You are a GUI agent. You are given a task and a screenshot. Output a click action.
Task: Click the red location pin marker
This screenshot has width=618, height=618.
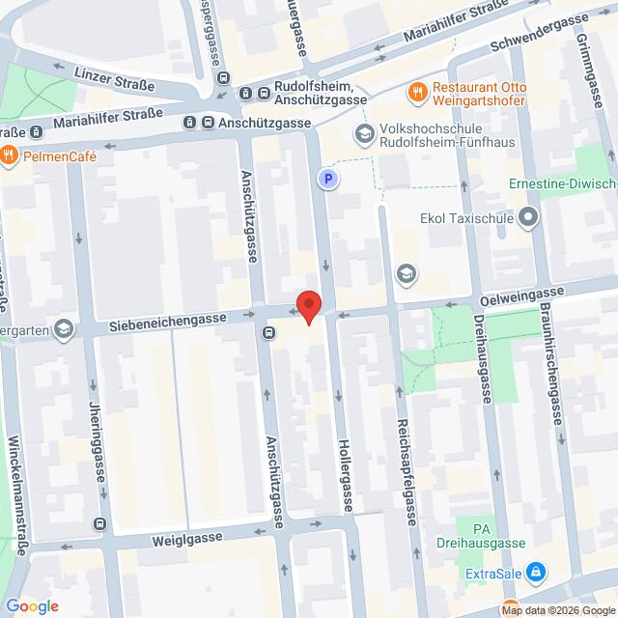coord(308,306)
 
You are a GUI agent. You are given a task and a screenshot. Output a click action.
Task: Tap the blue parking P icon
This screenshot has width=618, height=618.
coord(328,179)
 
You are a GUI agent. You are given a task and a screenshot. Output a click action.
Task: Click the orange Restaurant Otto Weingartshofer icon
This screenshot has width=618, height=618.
coord(417,93)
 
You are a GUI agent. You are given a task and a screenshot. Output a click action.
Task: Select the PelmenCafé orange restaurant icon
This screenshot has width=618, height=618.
coord(8,154)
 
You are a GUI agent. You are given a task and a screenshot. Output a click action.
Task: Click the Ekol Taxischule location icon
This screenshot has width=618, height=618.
coord(527,218)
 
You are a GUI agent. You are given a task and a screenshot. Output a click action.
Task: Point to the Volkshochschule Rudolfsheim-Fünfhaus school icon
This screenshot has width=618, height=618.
coord(364,133)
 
